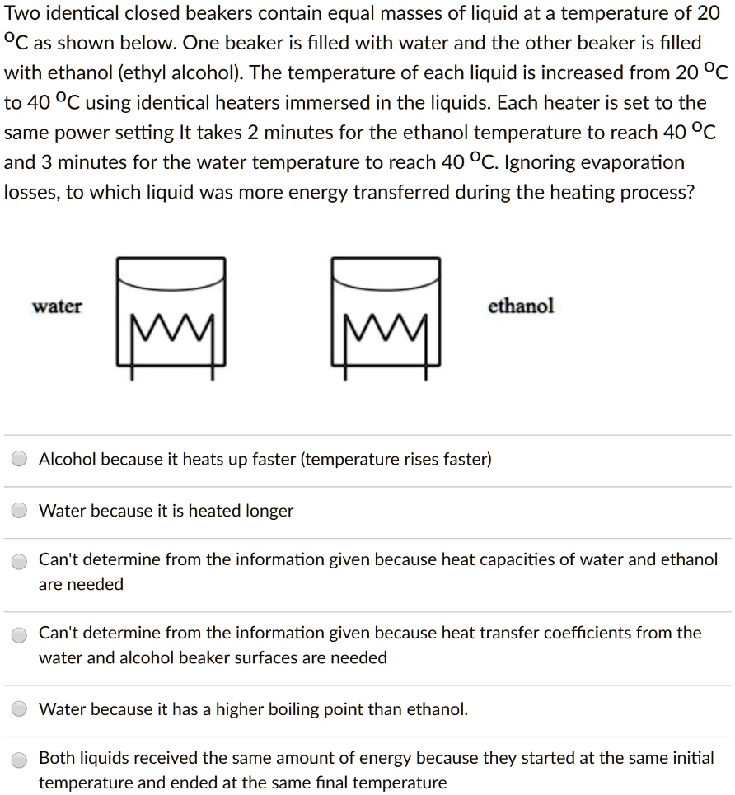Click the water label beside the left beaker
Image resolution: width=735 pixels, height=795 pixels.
(x=57, y=306)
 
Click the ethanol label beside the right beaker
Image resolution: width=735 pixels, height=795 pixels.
(x=521, y=306)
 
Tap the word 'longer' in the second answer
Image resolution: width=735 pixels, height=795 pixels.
(x=268, y=511)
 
